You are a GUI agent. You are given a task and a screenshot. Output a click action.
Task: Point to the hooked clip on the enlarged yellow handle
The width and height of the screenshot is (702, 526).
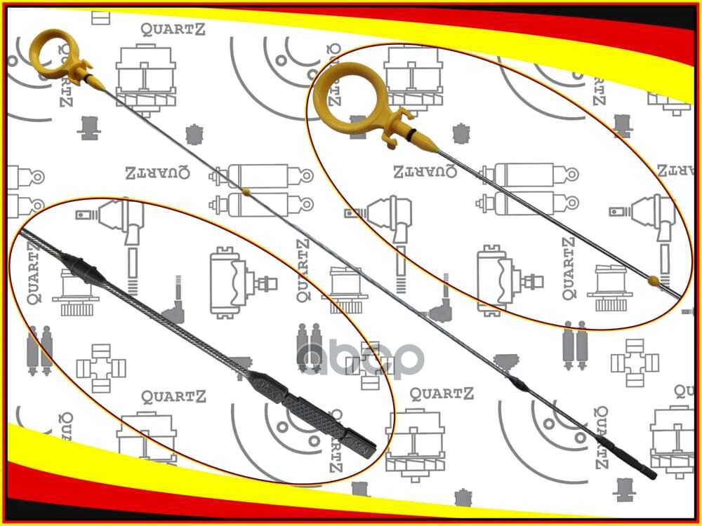[395, 126]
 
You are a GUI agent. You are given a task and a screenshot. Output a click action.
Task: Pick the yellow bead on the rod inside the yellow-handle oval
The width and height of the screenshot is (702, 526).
[654, 281]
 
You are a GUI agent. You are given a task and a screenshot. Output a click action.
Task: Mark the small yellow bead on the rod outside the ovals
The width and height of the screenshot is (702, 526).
[245, 190]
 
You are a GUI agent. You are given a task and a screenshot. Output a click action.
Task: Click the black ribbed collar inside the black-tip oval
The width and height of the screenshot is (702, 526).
[83, 269]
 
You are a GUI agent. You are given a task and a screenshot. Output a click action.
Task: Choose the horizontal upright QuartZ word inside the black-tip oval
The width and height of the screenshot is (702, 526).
[173, 396]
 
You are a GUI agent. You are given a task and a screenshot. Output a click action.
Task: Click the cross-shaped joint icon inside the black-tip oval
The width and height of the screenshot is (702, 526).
[100, 365]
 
